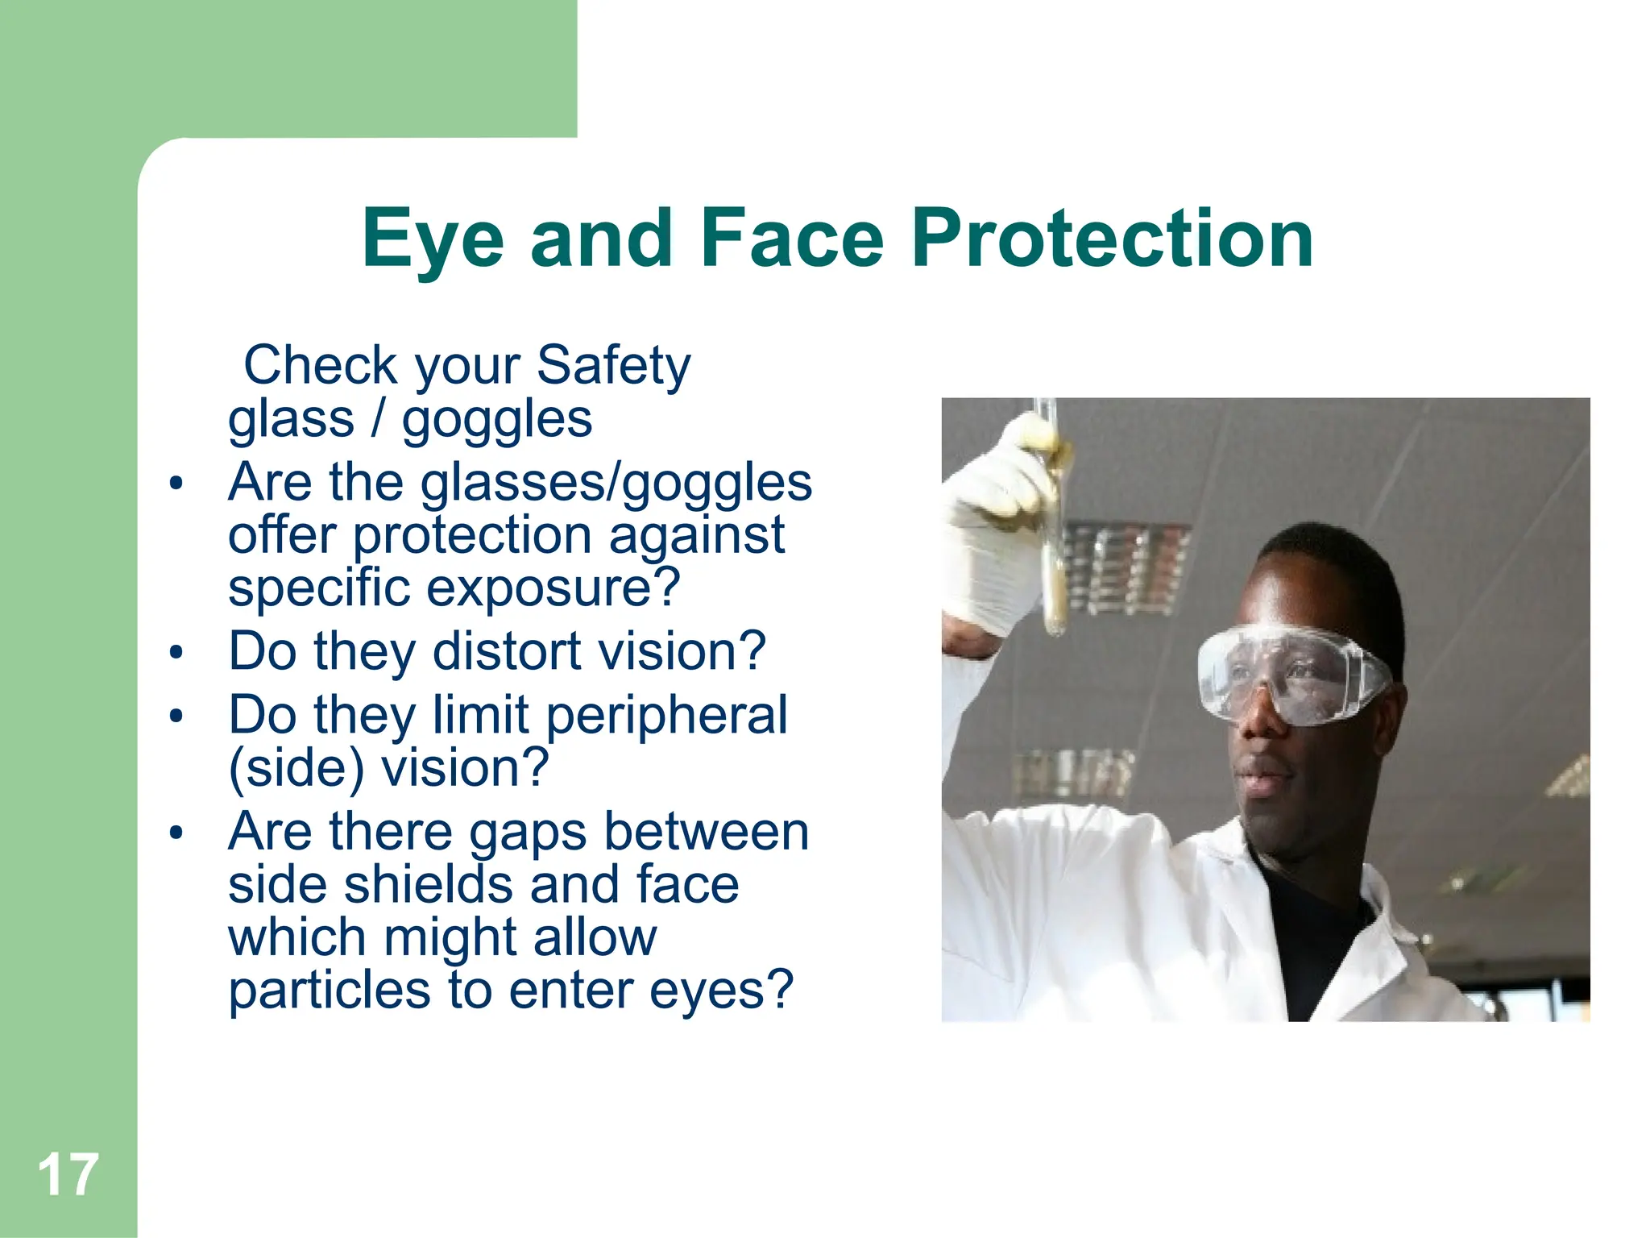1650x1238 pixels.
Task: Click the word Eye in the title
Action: click(433, 239)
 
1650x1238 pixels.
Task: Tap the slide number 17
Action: click(68, 1175)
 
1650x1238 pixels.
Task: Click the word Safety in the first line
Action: click(613, 366)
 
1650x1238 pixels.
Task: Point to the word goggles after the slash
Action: click(497, 421)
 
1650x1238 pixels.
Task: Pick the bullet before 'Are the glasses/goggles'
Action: click(176, 484)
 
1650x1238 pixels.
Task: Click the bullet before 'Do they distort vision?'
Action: click(176, 652)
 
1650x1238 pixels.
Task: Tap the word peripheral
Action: click(667, 716)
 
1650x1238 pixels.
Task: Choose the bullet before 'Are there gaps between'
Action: click(176, 833)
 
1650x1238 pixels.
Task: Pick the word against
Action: click(696, 536)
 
